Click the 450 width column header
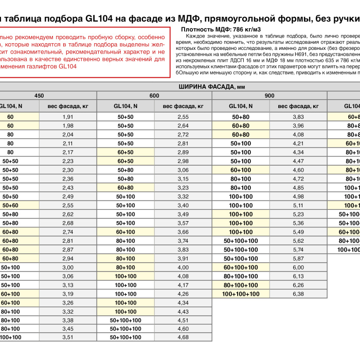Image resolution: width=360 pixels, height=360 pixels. [x=39, y=96]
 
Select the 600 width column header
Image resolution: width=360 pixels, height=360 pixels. [x=154, y=96]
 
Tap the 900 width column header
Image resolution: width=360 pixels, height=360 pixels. [x=269, y=96]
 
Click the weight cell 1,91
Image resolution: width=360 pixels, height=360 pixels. [x=68, y=117]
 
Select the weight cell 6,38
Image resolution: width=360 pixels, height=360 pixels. [x=298, y=294]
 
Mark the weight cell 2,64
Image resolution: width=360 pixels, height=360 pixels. [x=183, y=126]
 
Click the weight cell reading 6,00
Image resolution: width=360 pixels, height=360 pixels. [x=298, y=267]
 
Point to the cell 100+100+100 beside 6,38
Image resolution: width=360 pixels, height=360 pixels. [x=241, y=294]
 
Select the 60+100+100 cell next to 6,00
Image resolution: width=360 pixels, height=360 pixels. [x=241, y=267]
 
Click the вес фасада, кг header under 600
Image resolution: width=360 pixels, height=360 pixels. [x=183, y=106]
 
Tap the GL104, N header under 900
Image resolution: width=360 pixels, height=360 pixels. [x=241, y=106]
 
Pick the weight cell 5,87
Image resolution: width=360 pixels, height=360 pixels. [x=298, y=259]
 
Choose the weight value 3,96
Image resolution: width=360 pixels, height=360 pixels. [x=298, y=126]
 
